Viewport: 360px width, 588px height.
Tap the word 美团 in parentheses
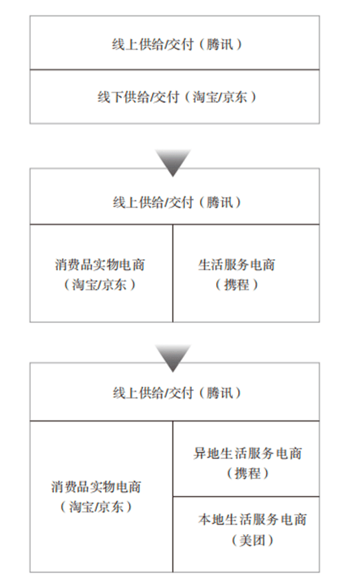(252, 540)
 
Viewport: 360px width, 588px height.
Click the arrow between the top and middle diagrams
(173, 162)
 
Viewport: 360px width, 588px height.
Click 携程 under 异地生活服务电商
(248, 473)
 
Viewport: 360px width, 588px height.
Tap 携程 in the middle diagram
(237, 285)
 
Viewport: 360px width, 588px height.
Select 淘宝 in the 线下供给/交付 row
(205, 97)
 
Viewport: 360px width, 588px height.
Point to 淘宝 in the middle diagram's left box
(85, 285)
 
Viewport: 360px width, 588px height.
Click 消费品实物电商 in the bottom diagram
(96, 487)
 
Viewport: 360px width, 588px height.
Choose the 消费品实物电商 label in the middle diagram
(100, 265)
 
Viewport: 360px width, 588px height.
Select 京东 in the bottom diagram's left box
(111, 507)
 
